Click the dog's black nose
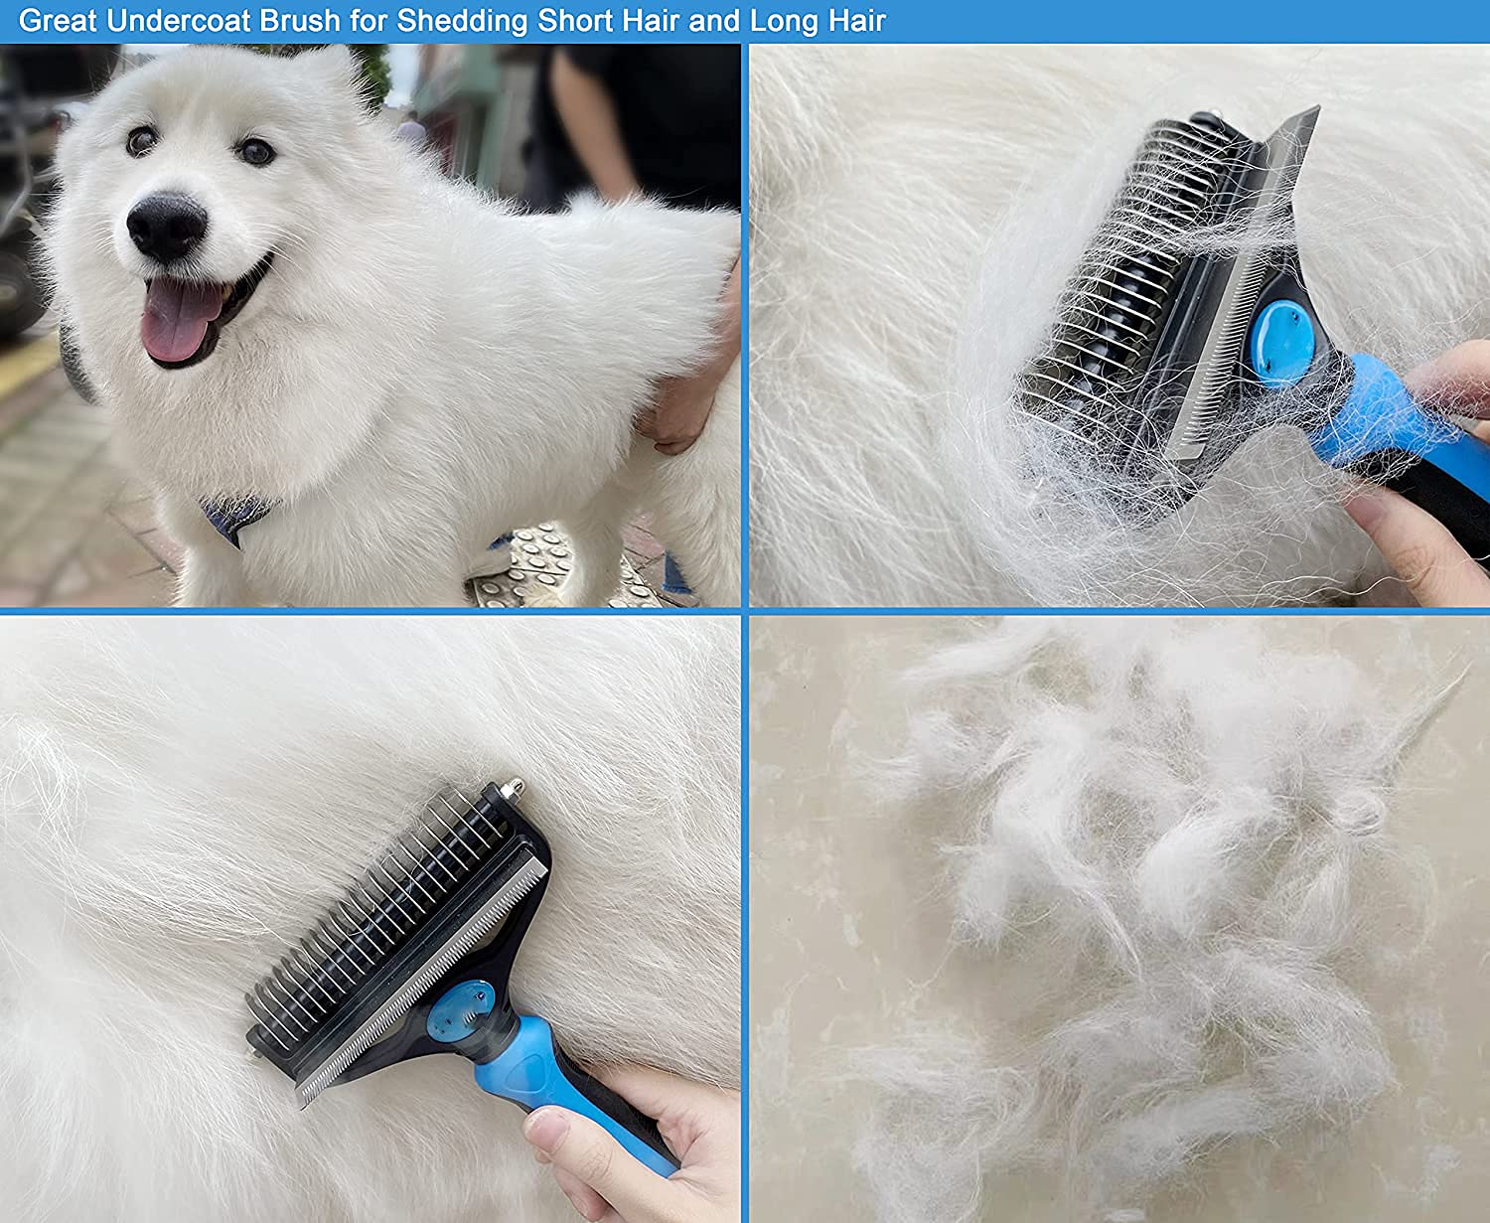(166, 226)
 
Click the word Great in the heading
(58, 21)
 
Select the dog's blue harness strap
(235, 518)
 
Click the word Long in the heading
(783, 21)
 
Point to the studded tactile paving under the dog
(536, 566)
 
